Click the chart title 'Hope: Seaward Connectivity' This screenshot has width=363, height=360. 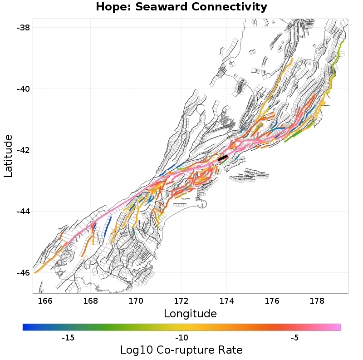pyautogui.click(x=181, y=7)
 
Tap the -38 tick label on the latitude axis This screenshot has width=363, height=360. pyautogui.click(x=23, y=27)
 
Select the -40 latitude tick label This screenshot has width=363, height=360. pyautogui.click(x=23, y=89)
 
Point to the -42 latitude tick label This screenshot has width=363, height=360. pyautogui.click(x=23, y=150)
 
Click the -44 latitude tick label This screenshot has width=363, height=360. pyautogui.click(x=23, y=211)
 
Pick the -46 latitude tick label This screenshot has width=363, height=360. pyautogui.click(x=23, y=272)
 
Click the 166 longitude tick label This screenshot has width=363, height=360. pyautogui.click(x=45, y=301)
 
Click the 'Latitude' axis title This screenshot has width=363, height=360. pyautogui.click(x=8, y=156)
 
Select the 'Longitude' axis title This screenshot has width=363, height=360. pyautogui.click(x=190, y=314)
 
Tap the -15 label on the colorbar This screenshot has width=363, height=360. pyautogui.click(x=68, y=338)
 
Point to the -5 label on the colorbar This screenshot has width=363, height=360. pyautogui.click(x=294, y=338)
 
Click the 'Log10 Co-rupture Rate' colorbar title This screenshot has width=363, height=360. pyautogui.click(x=181, y=350)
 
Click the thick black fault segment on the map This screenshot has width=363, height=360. pyautogui.click(x=223, y=158)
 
